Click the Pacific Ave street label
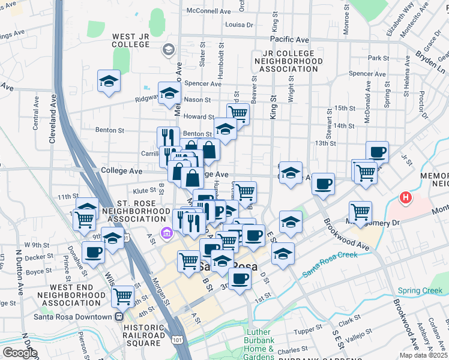pyautogui.click(x=289, y=40)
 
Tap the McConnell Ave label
pyautogui.click(x=209, y=11)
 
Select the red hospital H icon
pyautogui.click(x=406, y=197)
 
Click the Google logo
pyautogui.click(x=20, y=353)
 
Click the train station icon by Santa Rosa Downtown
pyautogui.click(x=119, y=317)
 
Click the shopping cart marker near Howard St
pyautogui.click(x=238, y=112)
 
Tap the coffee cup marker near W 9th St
pyautogui.click(x=93, y=252)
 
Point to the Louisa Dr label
pyautogui.click(x=239, y=25)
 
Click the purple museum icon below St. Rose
pyautogui.click(x=166, y=232)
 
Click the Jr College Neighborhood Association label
pyautogui.click(x=285, y=61)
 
